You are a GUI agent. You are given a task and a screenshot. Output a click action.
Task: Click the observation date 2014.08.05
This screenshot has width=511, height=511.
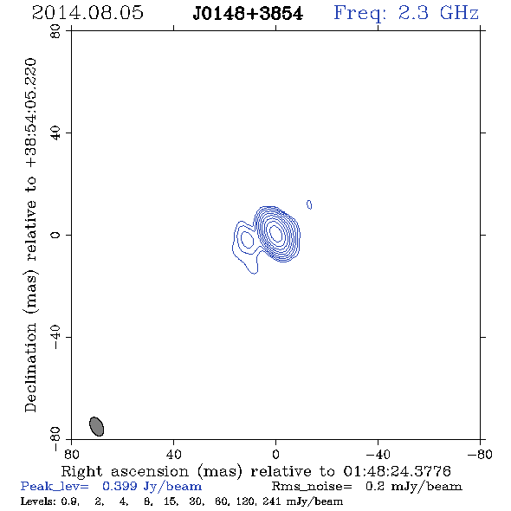click(87, 13)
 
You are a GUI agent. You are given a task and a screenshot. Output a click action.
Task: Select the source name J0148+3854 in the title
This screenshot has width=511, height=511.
click(248, 13)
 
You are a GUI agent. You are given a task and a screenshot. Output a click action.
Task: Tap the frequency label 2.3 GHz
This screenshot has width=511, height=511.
click(438, 13)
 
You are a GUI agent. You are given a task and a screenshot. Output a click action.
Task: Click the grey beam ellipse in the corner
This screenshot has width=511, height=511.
click(96, 426)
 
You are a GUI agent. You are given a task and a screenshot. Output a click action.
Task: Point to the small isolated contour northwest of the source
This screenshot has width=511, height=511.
click(309, 204)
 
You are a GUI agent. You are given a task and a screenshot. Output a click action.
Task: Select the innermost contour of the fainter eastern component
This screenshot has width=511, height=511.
click(247, 239)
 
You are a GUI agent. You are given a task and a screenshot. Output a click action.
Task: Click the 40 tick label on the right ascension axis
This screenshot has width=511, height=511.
click(173, 455)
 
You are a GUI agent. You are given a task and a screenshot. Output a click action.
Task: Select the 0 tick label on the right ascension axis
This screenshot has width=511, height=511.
click(275, 455)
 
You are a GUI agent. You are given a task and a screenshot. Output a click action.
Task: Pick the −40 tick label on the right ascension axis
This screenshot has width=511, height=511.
click(378, 455)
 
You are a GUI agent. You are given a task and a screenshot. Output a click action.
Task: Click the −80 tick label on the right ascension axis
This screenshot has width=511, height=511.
click(480, 455)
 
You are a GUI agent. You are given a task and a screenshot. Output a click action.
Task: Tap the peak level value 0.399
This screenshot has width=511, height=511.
click(120, 486)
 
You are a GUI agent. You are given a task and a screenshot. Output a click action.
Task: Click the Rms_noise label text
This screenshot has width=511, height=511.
click(312, 487)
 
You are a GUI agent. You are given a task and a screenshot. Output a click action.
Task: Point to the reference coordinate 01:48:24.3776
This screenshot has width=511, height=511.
click(397, 471)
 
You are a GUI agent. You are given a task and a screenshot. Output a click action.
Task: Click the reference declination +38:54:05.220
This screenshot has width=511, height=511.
click(31, 113)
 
